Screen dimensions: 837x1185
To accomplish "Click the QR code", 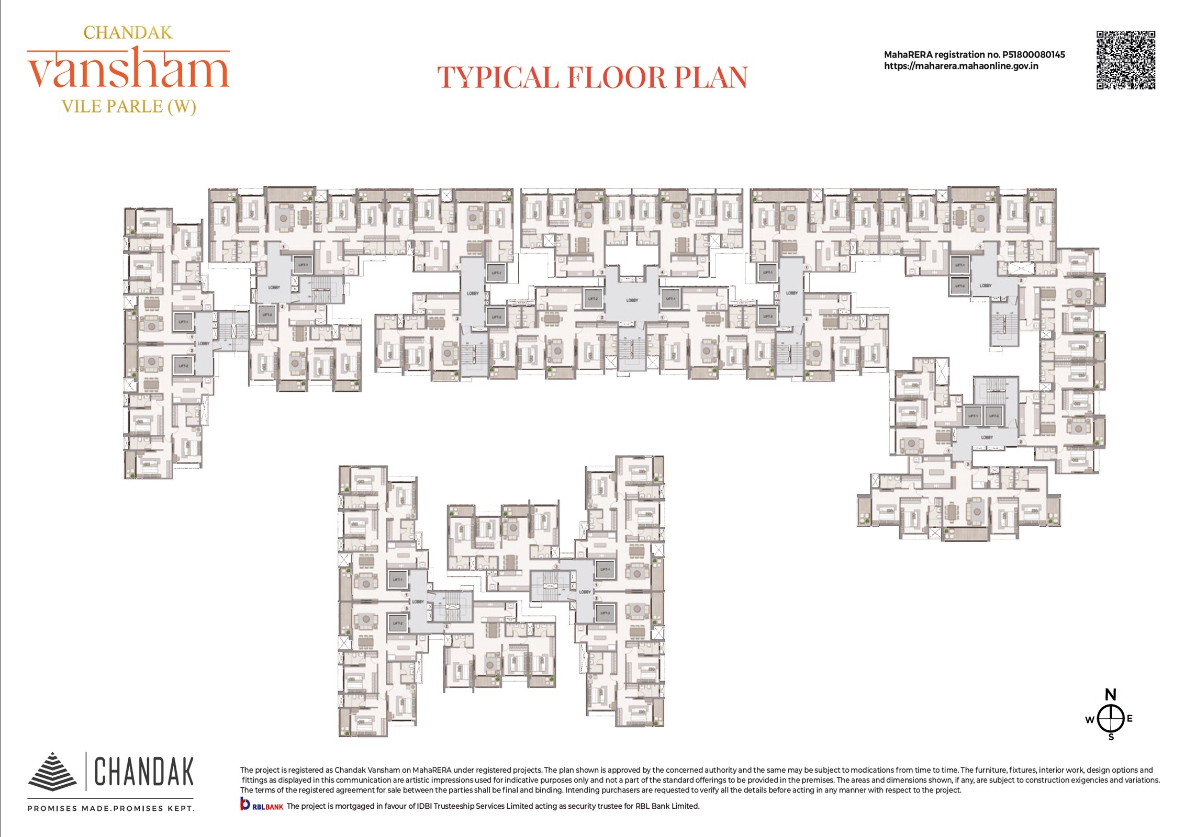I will tap(1125, 60).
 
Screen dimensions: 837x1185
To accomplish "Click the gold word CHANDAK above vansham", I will tap(128, 33).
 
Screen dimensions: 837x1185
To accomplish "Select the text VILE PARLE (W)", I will tap(128, 107).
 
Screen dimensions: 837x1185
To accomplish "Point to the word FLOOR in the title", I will tap(616, 78).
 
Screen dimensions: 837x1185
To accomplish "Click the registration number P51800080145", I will tap(1033, 54).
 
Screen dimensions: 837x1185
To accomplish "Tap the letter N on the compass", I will tap(1110, 695).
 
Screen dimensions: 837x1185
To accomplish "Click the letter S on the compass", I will tap(1111, 737).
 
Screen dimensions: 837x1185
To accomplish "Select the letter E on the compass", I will tap(1130, 718).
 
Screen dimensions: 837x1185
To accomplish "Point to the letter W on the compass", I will tap(1090, 720).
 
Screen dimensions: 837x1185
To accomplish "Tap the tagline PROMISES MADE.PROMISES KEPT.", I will tap(111, 808).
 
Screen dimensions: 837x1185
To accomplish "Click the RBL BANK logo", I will tap(261, 805).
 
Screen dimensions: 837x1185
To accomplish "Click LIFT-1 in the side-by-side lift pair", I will tap(973, 416).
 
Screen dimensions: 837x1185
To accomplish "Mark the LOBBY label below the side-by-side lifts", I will tap(987, 437).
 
